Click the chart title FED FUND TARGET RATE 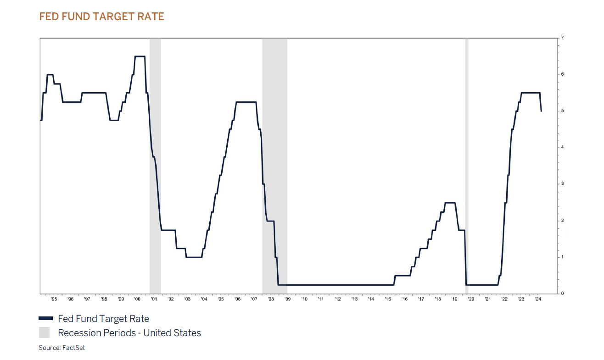point(101,17)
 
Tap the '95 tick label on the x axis point(54,299)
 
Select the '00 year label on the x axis point(137,299)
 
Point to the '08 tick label point(271,299)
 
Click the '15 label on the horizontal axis point(388,299)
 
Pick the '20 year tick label point(471,299)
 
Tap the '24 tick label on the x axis point(538,299)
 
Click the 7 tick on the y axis point(562,38)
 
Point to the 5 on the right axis point(562,111)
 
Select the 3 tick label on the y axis point(562,184)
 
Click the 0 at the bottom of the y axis point(562,294)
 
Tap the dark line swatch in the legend point(46,319)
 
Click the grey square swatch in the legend point(44,333)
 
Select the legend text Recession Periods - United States point(129,333)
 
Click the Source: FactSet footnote point(62,348)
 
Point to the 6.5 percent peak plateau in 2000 point(140,56)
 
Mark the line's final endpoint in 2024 point(542,111)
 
